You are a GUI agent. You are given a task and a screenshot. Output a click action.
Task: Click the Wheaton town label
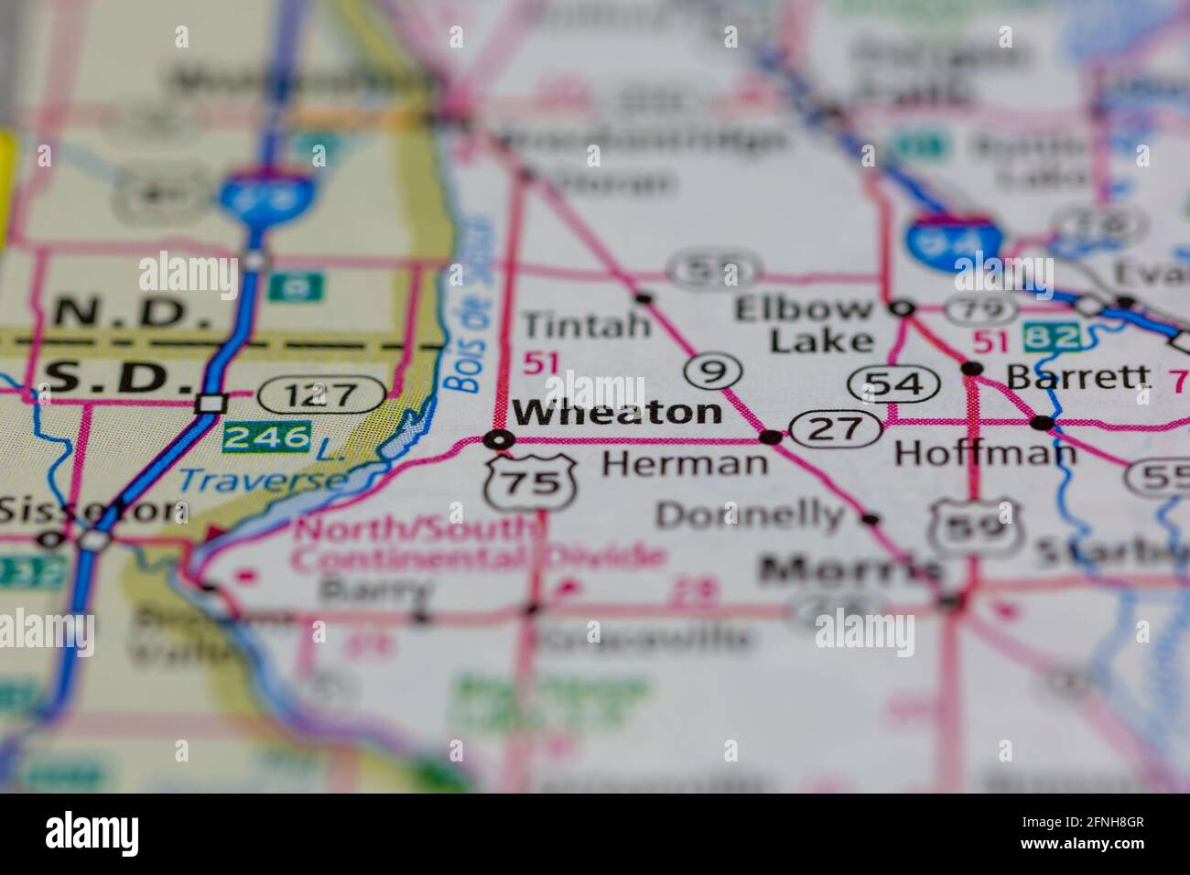tap(617, 413)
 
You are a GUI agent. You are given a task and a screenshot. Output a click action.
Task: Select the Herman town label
tap(684, 463)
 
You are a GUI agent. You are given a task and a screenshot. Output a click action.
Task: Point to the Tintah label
tap(586, 324)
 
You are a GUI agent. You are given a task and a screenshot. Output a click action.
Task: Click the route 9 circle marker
tap(707, 372)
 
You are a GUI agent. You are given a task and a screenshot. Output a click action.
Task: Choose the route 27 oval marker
tap(835, 428)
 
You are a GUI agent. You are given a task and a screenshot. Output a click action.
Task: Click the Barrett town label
tap(1077, 375)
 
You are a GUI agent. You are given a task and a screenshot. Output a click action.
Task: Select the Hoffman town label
tap(985, 452)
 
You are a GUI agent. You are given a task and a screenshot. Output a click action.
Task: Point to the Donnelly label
tap(750, 515)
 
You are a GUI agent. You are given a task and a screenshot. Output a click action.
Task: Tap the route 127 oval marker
tap(321, 395)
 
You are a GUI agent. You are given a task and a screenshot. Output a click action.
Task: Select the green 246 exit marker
tap(265, 437)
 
